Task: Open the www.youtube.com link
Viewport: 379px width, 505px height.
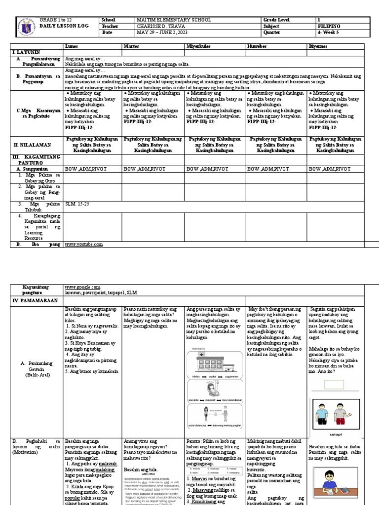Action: click(x=84, y=244)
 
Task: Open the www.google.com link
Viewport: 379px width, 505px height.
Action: click(x=82, y=287)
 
